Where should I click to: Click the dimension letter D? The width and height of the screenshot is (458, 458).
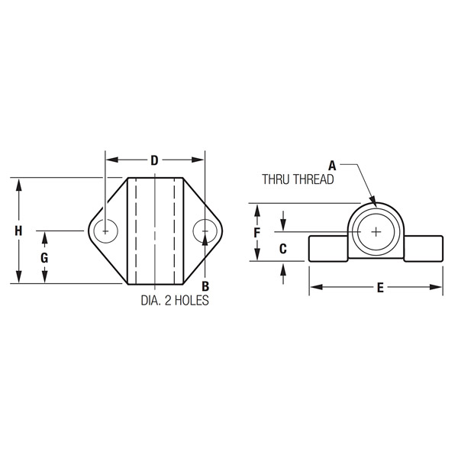pyautogui.click(x=154, y=160)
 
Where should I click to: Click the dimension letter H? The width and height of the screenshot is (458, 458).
pyautogui.click(x=19, y=231)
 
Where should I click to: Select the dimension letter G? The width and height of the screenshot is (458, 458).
pyautogui.click(x=44, y=258)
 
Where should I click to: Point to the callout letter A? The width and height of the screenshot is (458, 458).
pyautogui.click(x=332, y=164)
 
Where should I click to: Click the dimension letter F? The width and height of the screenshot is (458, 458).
pyautogui.click(x=258, y=231)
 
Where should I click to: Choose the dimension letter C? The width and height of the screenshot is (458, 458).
pyautogui.click(x=282, y=247)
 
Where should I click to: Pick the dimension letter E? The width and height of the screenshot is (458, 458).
pyautogui.click(x=379, y=288)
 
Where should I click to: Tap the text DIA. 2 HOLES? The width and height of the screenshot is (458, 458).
pyautogui.click(x=174, y=300)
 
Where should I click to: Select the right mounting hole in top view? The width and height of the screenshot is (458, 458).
pyautogui.click(x=204, y=231)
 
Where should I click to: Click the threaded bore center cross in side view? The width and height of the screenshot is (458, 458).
pyautogui.click(x=376, y=231)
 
